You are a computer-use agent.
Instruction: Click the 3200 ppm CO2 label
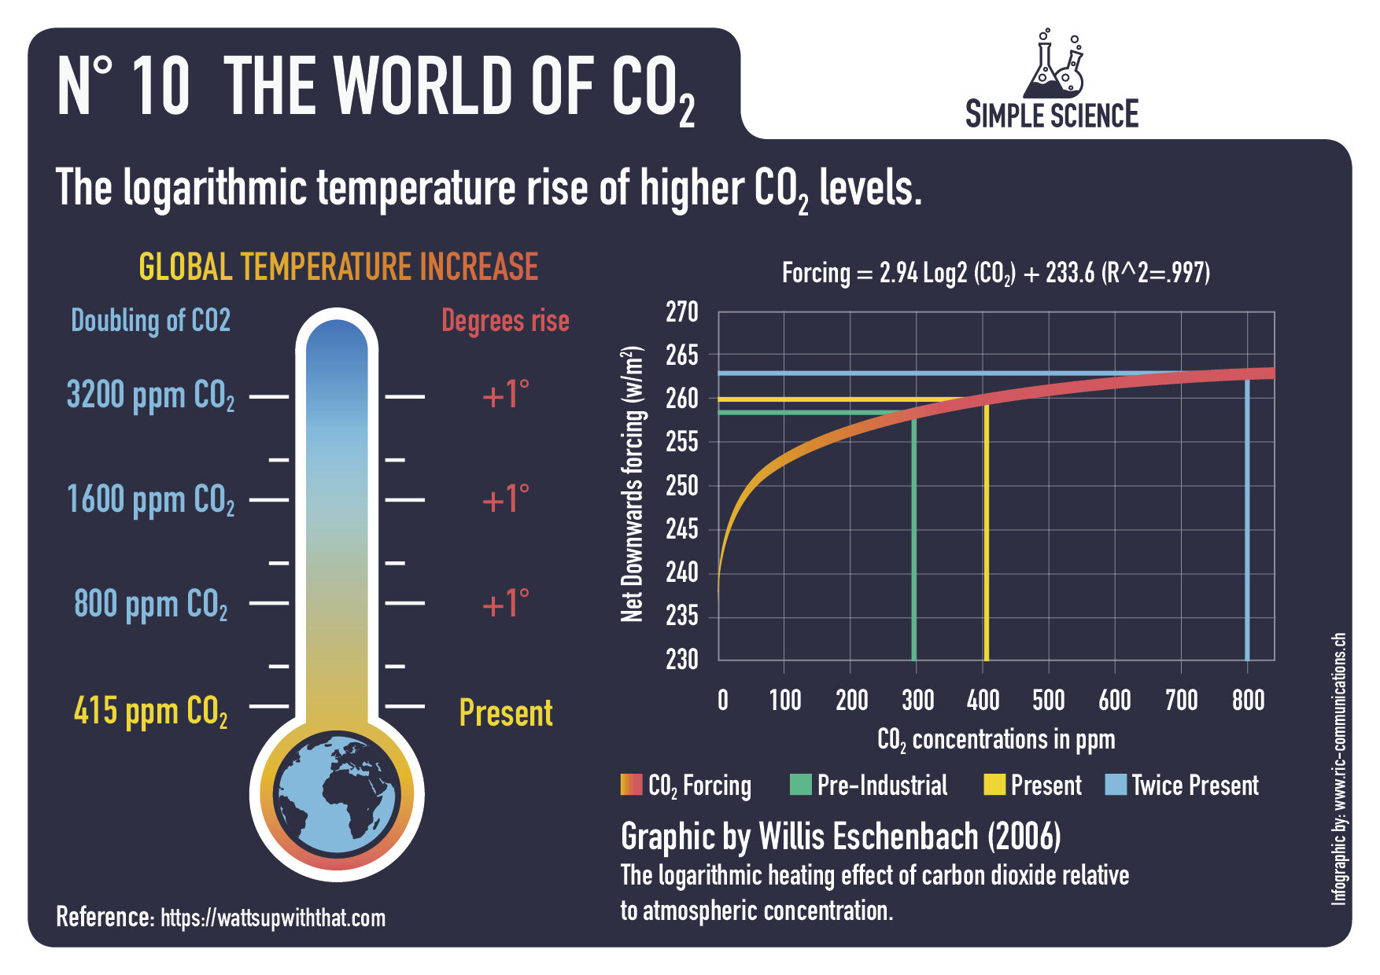pos(150,396)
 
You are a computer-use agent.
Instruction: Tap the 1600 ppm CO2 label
pos(150,500)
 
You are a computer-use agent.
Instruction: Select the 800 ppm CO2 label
pos(150,605)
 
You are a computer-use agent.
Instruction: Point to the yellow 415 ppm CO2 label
pos(150,712)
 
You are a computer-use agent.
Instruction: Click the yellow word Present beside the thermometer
pos(505,713)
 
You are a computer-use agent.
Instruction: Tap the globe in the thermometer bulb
pos(337,795)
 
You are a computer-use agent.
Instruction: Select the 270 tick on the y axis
pos(682,313)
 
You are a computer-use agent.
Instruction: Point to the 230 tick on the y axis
pos(682,659)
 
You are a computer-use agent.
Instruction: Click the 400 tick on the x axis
pos(983,700)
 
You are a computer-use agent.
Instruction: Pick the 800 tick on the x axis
pos(1248,700)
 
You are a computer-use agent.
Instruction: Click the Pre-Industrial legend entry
pos(869,786)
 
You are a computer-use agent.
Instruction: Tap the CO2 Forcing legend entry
pos(687,786)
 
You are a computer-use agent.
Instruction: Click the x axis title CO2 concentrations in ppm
pos(996,740)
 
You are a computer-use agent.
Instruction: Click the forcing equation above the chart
pos(995,274)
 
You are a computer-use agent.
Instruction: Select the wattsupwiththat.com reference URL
pos(273,918)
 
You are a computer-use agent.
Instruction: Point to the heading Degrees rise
pos(505,321)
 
